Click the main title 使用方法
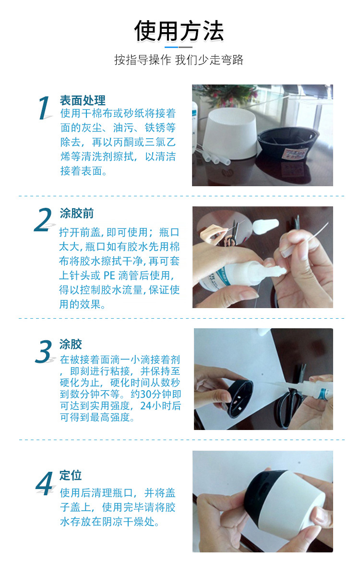(x=179, y=31)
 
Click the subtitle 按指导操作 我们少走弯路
(x=179, y=60)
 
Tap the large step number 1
(x=44, y=108)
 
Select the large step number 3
(x=44, y=352)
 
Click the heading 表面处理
(x=82, y=100)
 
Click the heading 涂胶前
(x=76, y=214)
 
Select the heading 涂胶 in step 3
(x=71, y=344)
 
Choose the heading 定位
(x=71, y=475)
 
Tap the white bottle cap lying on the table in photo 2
(x=264, y=227)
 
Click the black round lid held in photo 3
(x=240, y=398)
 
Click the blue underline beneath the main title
(x=171, y=47)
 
